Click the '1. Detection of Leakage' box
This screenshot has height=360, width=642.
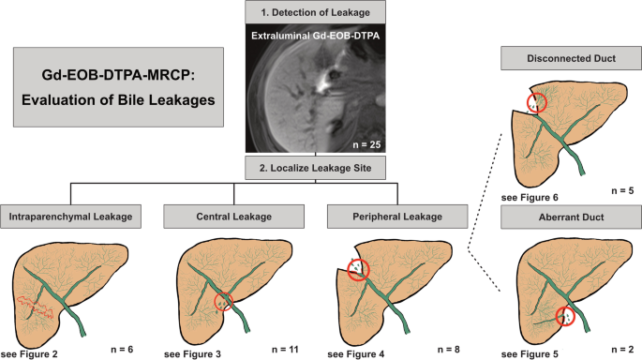pyautogui.click(x=315, y=12)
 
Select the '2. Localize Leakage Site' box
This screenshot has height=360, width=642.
pyautogui.click(x=315, y=168)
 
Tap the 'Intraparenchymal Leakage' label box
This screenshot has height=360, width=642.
pyautogui.click(x=70, y=217)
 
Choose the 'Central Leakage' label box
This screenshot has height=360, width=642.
pyautogui.click(x=233, y=217)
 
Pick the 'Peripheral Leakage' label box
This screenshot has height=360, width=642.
pyautogui.click(x=397, y=217)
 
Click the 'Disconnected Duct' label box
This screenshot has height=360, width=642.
pyautogui.click(x=571, y=58)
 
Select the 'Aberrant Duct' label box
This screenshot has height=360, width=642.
pyautogui.click(x=571, y=217)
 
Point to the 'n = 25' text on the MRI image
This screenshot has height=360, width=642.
pyautogui.click(x=366, y=144)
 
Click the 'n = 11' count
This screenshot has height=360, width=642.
pyautogui.click(x=285, y=350)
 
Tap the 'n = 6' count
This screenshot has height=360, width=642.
pyautogui.click(x=122, y=350)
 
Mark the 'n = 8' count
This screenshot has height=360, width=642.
pyautogui.click(x=449, y=350)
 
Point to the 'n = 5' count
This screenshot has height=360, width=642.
pyautogui.click(x=622, y=191)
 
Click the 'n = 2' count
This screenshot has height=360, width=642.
pyautogui.click(x=622, y=350)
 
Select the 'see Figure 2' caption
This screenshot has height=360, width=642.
pyautogui.click(x=29, y=354)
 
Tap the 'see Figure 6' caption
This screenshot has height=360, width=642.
pyautogui.click(x=530, y=198)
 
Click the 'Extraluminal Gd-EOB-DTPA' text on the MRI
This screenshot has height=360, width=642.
pyautogui.click(x=315, y=36)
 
